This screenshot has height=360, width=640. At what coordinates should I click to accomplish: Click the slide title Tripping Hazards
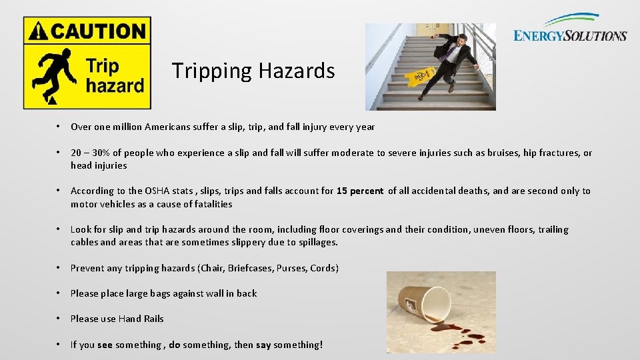(253, 71)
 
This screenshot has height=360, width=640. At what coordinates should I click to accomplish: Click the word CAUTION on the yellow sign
(97, 31)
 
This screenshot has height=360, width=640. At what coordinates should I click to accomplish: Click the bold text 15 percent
(360, 191)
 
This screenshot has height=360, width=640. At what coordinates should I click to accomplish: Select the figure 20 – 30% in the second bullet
(93, 153)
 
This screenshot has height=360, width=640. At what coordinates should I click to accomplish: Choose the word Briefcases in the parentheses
(250, 268)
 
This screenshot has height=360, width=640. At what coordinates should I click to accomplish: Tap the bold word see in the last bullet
(105, 345)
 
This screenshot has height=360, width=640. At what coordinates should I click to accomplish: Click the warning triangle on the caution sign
(39, 31)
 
